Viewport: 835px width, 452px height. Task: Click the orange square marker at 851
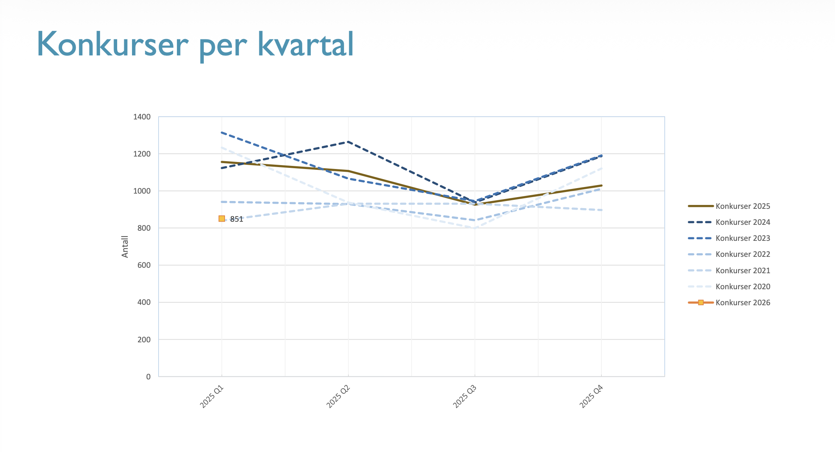[x=222, y=219]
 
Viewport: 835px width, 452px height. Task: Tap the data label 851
[x=237, y=219]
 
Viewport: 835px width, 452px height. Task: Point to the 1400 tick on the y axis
[x=142, y=117]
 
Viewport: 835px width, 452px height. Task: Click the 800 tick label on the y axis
[x=144, y=228]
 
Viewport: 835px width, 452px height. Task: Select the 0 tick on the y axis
[x=148, y=377]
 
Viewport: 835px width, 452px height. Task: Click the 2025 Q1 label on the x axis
[x=212, y=397]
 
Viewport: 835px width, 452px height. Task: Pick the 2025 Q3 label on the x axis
[x=465, y=397]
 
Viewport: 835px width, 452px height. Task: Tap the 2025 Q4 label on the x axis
[x=591, y=397]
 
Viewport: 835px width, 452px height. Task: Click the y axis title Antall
[x=125, y=247]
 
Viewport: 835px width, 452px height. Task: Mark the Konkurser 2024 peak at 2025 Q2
[x=348, y=142]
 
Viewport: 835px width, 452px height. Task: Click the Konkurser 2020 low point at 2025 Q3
[x=475, y=228]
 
